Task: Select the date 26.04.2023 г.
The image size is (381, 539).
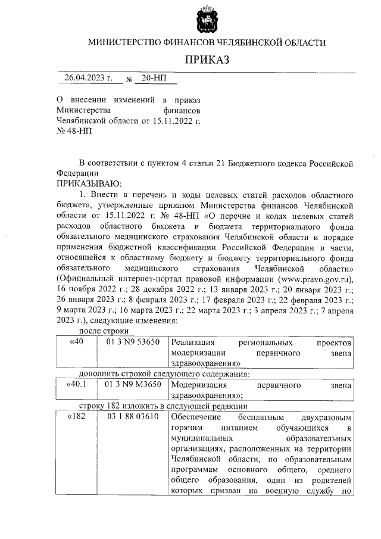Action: [x=88, y=78]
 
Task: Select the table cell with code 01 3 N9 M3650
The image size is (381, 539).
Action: [x=133, y=385]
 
